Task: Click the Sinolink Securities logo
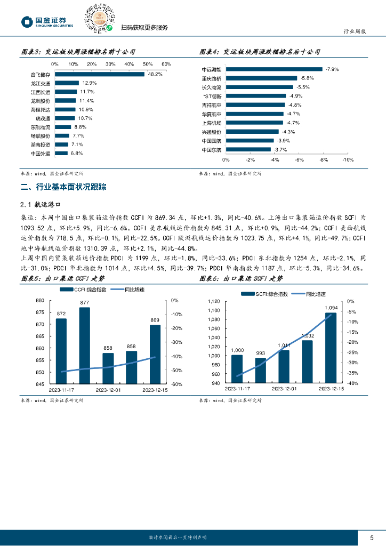(x=46, y=21)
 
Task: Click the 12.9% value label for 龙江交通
(x=89, y=83)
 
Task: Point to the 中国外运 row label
(x=41, y=154)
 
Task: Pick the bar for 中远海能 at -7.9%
(x=275, y=69)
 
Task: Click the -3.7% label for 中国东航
(x=280, y=150)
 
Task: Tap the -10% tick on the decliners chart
(x=348, y=159)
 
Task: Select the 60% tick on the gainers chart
(x=166, y=64)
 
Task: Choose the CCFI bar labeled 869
(x=155, y=354)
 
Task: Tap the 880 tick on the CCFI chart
(x=40, y=300)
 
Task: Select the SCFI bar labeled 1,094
(x=331, y=348)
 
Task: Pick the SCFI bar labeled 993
(x=260, y=370)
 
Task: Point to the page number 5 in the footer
(x=372, y=536)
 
